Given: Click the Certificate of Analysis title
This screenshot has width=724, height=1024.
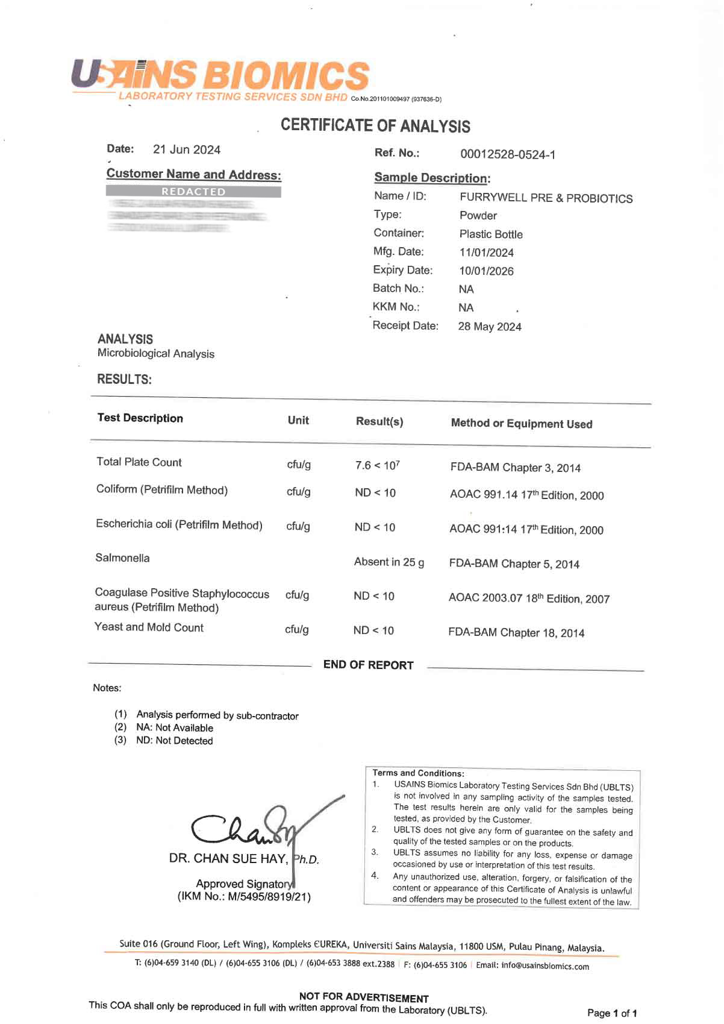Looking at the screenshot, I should (375, 125).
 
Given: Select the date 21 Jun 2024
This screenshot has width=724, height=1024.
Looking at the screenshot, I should (187, 149).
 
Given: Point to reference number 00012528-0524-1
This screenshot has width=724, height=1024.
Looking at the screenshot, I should (508, 154).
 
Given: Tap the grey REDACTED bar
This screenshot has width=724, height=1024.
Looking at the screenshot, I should (193, 192).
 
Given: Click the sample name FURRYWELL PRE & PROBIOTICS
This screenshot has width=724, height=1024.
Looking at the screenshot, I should (546, 198).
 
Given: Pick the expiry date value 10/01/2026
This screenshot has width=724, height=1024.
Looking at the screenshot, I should (486, 271).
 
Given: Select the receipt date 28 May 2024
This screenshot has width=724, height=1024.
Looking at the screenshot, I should (490, 326).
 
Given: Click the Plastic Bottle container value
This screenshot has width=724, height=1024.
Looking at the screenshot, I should (491, 234).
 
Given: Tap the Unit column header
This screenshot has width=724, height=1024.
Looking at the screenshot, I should (298, 420).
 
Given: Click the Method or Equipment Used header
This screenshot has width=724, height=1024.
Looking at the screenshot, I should (522, 423).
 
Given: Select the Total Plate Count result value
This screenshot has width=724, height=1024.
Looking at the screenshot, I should (378, 465).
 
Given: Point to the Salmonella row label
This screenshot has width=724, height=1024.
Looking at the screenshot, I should (122, 558).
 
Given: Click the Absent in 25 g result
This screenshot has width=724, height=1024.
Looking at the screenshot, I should (389, 562).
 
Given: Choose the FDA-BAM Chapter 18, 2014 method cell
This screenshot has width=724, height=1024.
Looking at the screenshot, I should (516, 632).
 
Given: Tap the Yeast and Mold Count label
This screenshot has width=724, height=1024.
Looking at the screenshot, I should (149, 627).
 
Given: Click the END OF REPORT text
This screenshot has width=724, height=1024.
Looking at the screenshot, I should (368, 665).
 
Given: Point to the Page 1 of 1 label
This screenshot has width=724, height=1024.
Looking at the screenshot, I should (612, 1013).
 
